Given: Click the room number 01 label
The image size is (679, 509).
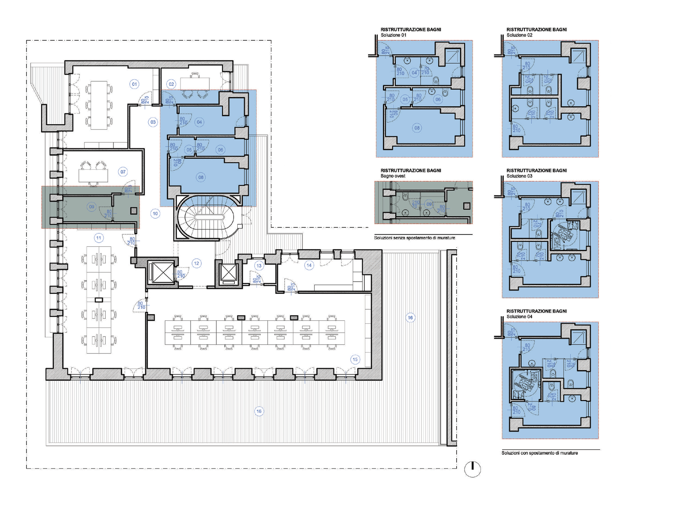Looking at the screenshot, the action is point(134,84).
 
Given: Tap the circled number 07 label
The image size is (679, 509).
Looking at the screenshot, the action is point(123,172).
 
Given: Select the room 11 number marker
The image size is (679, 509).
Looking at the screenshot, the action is point(99,238).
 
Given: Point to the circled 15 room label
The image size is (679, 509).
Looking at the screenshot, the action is point(355,359).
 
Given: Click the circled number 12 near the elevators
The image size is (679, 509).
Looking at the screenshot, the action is point(196,263).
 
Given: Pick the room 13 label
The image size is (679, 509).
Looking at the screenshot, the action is point(259,266).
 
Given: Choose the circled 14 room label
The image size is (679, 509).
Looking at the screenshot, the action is point(309,265).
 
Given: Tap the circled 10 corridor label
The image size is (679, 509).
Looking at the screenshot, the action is point(155,213).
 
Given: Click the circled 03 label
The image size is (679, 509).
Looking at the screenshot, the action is point(153,122).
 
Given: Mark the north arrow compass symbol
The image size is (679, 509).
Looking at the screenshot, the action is point(472,469).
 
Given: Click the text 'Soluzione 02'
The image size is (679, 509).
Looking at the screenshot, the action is point(519,35).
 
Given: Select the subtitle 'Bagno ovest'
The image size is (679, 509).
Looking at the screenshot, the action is point(393,176).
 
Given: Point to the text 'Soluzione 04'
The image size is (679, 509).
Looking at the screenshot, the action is point(519,317).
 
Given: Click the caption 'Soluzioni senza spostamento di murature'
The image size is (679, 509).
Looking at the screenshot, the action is point(414,238).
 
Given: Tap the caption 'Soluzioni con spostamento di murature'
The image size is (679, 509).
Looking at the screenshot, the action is point(540,453).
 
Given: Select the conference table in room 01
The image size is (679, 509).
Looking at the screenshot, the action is point(99,105).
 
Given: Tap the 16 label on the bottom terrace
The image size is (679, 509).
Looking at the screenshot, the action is point(259,411).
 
